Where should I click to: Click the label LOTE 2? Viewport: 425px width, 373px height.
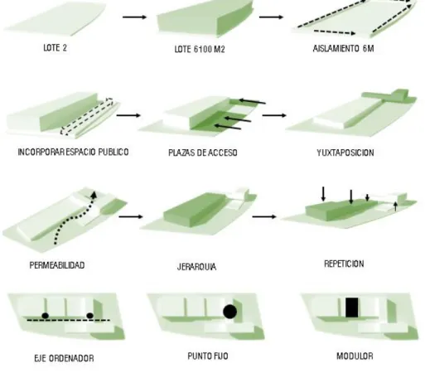pos(55,48)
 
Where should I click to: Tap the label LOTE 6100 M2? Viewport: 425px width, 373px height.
pos(200,49)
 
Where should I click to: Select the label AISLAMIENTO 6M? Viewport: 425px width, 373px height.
pos(343,49)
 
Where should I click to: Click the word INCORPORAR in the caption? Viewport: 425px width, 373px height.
pos(41,152)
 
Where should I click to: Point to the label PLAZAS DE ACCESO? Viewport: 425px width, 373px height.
pos(203,153)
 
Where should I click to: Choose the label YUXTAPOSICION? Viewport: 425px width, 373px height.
pos(345,153)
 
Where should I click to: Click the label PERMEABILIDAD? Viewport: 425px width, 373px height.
pos(57,265)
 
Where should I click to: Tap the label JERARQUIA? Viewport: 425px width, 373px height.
pos(196,267)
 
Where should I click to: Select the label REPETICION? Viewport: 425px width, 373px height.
pos(344,264)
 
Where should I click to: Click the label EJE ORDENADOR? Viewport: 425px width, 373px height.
pos(64,358)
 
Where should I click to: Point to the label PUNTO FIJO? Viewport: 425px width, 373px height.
pos(208,356)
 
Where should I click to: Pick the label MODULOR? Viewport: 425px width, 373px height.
pos(355,356)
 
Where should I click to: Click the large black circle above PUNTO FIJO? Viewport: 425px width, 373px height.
pos(229,312)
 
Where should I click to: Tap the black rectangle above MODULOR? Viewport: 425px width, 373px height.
pos(352,308)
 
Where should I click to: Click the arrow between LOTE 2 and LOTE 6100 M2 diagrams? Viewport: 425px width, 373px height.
pos(134,17)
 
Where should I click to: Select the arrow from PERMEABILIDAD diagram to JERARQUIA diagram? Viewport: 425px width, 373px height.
pos(131,216)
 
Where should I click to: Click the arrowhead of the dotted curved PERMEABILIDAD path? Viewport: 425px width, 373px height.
pos(94,194)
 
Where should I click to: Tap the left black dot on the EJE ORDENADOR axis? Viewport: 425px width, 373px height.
pos(46,316)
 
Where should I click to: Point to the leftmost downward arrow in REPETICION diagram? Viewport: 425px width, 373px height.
pos(323,194)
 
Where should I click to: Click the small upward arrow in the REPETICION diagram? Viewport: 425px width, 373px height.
pos(395,206)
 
